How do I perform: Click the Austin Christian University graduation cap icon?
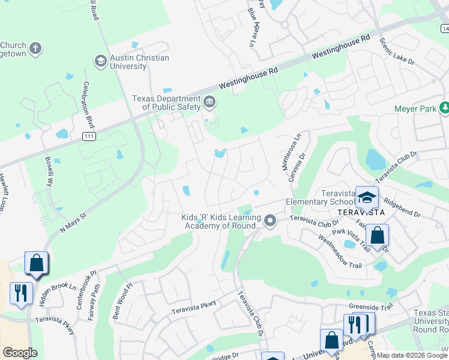click(100, 61)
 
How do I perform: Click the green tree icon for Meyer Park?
click(444, 108)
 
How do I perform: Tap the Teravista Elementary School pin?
click(367, 197)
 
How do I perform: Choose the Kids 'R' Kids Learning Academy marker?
click(270, 221)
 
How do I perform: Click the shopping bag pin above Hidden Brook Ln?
click(36, 263)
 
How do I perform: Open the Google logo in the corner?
click(20, 353)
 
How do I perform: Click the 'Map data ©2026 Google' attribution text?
click(412, 355)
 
